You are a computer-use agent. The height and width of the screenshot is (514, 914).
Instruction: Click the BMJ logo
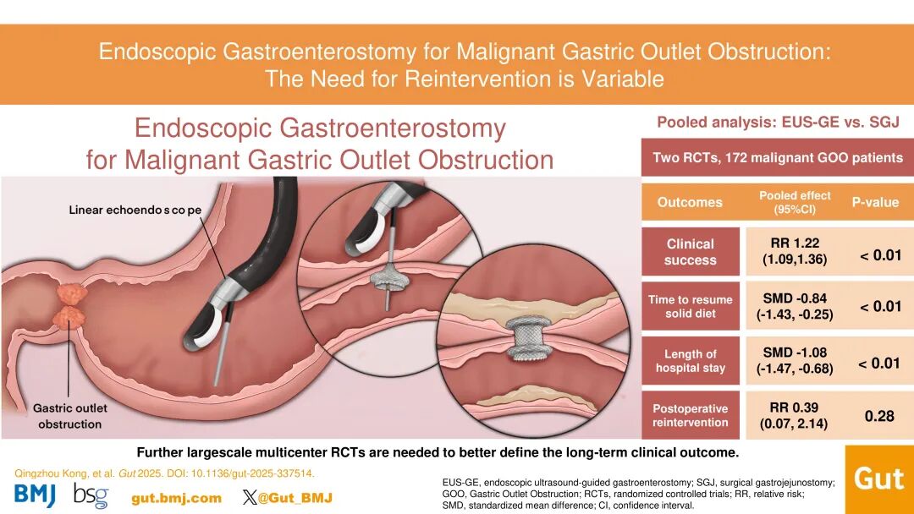(35, 495)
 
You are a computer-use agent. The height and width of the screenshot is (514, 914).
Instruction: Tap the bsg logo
(91, 495)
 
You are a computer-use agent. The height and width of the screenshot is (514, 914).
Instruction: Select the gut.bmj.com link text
(177, 498)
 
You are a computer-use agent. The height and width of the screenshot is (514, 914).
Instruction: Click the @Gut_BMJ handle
(287, 498)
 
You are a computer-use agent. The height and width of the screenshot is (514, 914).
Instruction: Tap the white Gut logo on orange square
(879, 479)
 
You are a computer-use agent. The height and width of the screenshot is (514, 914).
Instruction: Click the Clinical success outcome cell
(691, 251)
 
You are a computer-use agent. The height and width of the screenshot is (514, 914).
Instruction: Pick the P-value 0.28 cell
(879, 416)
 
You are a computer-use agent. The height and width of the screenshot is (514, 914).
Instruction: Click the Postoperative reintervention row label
(691, 416)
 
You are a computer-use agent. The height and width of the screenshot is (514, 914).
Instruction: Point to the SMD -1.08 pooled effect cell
(795, 360)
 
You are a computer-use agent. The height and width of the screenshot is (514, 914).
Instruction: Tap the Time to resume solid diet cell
(691, 306)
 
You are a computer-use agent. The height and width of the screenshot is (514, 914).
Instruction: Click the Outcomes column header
(691, 202)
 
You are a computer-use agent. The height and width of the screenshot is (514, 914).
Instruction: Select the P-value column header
(875, 202)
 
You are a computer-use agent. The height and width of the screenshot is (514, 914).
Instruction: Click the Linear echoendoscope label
(135, 210)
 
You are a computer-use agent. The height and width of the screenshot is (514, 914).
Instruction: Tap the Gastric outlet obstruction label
(70, 416)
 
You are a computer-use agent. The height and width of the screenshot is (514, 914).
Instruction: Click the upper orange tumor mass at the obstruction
(72, 293)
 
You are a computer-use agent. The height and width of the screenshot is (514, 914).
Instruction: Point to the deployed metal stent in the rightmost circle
(527, 339)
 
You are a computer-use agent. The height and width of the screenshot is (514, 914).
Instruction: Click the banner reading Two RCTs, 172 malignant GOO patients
(778, 157)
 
